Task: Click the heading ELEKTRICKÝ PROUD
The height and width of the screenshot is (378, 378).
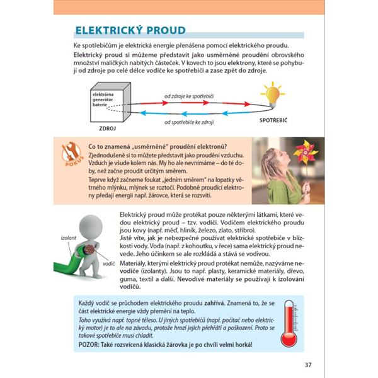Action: point(130,30)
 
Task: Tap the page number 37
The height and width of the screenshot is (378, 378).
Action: point(307,365)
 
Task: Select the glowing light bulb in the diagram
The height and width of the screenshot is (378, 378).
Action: point(272,94)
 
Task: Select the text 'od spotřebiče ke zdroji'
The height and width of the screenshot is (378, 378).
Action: point(189,121)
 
